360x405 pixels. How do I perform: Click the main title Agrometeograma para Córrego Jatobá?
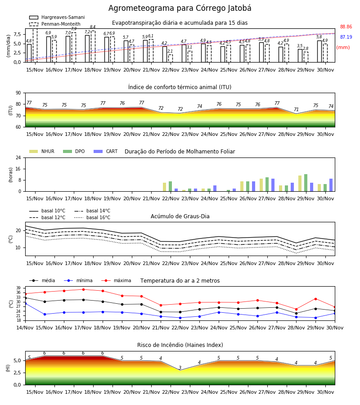tap(180, 8)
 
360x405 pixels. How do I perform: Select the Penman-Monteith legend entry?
tap(55, 24)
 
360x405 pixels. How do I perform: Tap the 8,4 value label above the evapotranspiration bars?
tap(93, 27)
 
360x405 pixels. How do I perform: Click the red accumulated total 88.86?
tap(346, 27)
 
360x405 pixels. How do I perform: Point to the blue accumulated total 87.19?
tap(346, 37)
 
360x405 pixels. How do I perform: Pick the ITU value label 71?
tap(296, 109)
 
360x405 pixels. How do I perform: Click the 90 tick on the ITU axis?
tap(18, 93)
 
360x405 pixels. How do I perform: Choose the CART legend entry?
tap(106, 151)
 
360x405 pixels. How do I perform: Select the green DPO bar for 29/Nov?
tap(306, 183)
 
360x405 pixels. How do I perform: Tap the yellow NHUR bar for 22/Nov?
tap(165, 187)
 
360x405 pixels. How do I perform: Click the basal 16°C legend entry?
tap(92, 217)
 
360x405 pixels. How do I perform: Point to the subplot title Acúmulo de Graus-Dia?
tap(180, 216)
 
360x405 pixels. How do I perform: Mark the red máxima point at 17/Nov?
tap(83, 289)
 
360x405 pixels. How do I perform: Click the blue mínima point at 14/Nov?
tap(25, 303)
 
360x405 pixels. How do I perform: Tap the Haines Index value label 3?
tap(180, 368)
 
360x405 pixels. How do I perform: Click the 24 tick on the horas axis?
tap(18, 157)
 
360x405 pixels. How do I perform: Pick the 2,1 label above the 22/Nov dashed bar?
tap(170, 51)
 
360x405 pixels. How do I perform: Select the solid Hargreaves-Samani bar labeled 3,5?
tap(300, 55)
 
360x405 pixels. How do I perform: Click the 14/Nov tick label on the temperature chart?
tap(25, 328)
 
